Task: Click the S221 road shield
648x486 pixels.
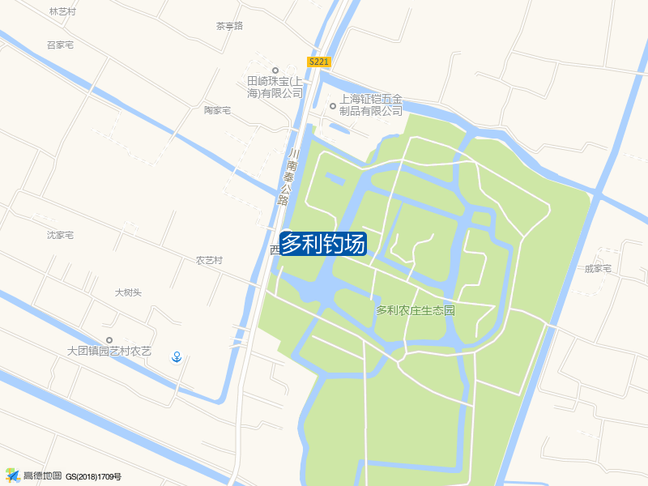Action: point(319,62)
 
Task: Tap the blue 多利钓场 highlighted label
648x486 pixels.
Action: point(323,244)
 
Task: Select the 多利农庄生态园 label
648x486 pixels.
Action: point(416,310)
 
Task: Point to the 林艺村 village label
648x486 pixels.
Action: point(62,12)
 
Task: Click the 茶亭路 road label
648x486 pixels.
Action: point(229,26)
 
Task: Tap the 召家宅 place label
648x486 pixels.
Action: point(60,45)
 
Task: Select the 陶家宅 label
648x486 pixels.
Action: point(217,110)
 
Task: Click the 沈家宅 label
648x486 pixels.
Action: point(60,236)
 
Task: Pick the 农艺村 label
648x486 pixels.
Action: point(209,261)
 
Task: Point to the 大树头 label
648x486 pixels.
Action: point(128,292)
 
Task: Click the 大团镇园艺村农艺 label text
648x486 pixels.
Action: point(109,352)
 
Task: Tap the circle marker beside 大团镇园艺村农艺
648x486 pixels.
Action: point(109,340)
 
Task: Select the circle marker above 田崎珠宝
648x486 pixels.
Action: point(275,70)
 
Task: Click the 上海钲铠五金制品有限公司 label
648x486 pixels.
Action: point(371,104)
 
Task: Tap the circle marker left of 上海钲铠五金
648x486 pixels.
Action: point(331,106)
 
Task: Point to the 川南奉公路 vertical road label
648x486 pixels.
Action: point(288,177)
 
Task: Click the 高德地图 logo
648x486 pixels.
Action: point(34,475)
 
